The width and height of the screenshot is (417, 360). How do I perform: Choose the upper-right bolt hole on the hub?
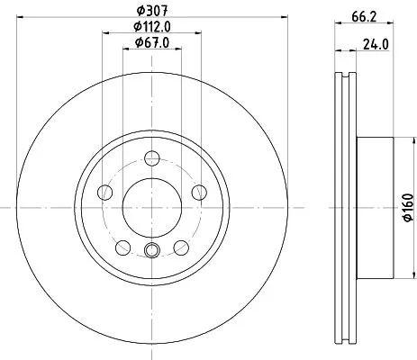pos(196,192)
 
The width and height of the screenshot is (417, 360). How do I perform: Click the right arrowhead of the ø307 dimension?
pos(280,18)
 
